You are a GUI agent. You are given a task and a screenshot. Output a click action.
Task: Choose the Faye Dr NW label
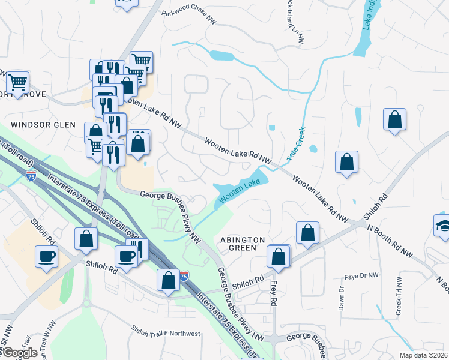pyautogui.click(x=362, y=276)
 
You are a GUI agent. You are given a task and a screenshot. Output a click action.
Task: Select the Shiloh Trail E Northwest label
pyautogui.click(x=166, y=331)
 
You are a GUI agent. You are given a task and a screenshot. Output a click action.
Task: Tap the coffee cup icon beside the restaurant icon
pyautogui.click(x=127, y=256)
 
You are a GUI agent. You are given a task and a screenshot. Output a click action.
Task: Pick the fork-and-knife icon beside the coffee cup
pyautogui.click(x=139, y=248)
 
